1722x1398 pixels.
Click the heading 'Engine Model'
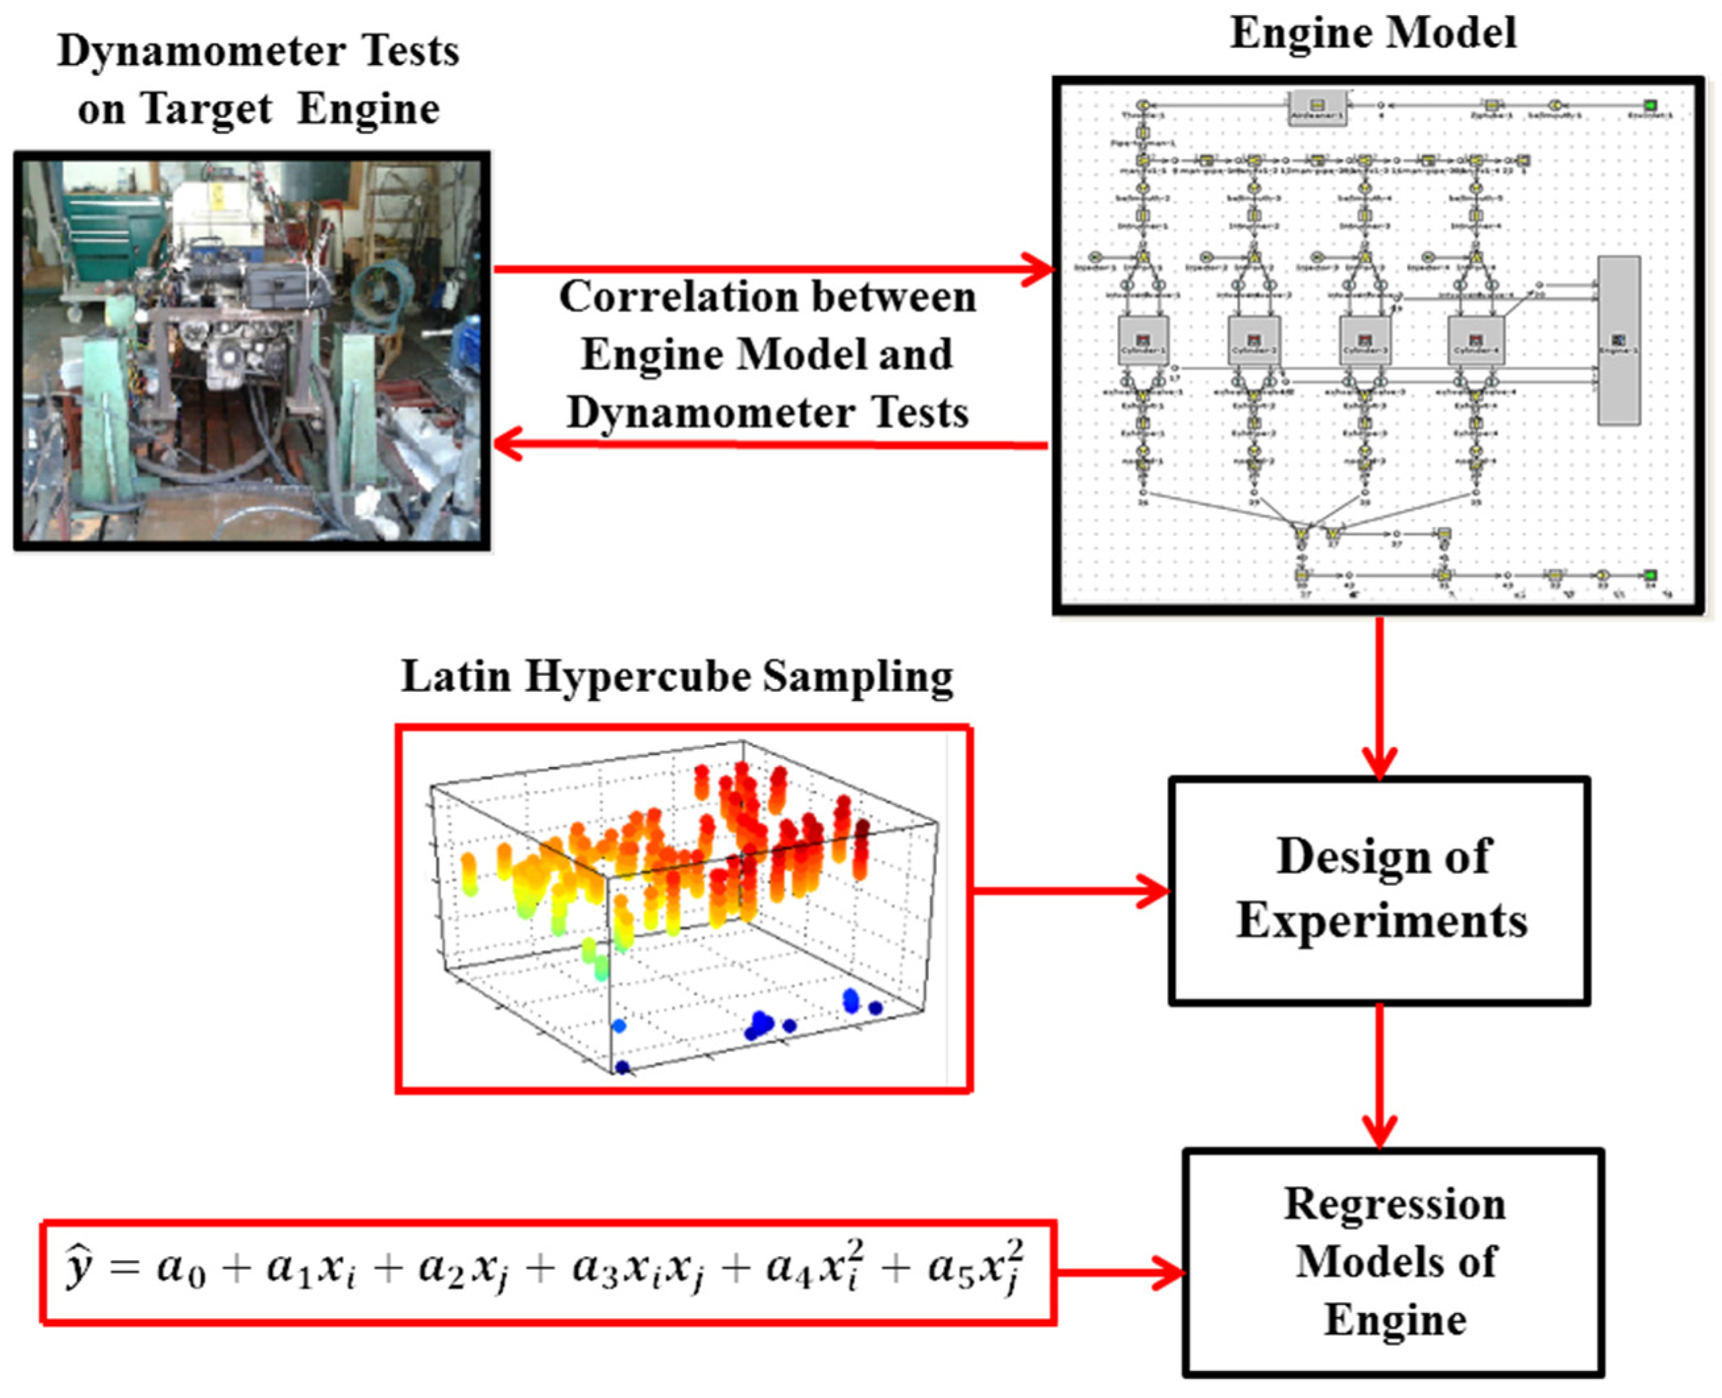[x=1373, y=34]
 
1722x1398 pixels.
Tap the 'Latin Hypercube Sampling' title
[x=677, y=677]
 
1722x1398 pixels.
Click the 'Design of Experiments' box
[x=1379, y=890]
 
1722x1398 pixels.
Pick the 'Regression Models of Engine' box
[x=1392, y=1262]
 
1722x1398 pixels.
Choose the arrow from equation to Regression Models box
[x=1120, y=1273]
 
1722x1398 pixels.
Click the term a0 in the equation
[x=181, y=1270]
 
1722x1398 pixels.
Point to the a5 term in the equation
[x=950, y=1270]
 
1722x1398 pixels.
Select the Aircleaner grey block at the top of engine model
[x=1317, y=107]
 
